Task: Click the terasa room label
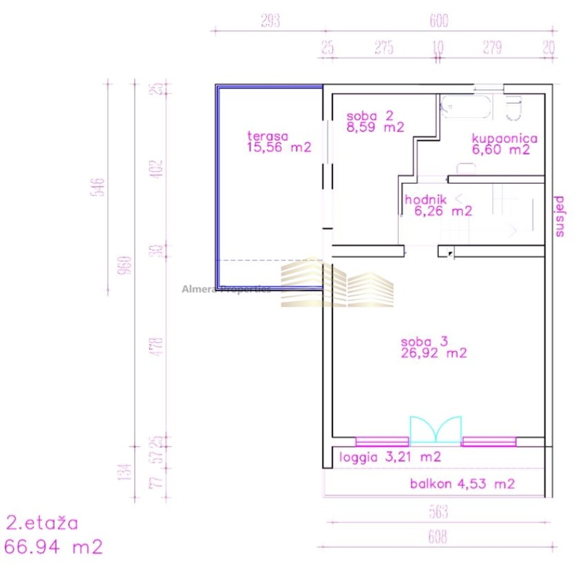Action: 268,136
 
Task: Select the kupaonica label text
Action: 505,138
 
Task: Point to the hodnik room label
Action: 426,199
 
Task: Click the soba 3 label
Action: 424,342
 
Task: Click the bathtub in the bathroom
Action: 466,106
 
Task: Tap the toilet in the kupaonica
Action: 514,108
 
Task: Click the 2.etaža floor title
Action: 42,523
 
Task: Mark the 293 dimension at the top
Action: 271,21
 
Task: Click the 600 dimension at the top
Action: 439,21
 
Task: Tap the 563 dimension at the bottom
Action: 438,512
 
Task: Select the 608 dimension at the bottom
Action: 438,537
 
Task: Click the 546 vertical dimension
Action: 100,186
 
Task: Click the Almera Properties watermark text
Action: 226,289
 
